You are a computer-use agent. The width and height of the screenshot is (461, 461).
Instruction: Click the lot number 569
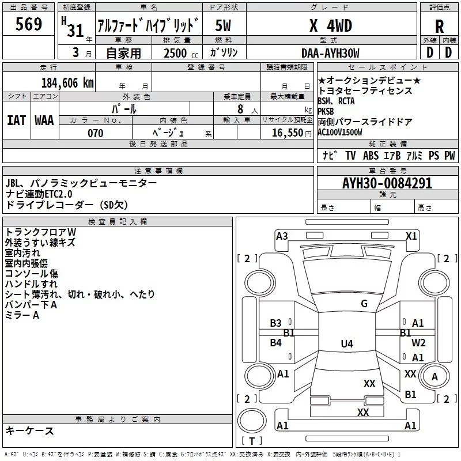(29, 24)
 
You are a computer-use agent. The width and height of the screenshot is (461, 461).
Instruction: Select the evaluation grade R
(440, 26)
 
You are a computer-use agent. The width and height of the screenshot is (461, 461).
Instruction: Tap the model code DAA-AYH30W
(331, 53)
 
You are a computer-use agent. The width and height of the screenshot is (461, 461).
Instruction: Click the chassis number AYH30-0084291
(387, 184)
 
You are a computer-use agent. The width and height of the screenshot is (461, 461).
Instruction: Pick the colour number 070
(95, 133)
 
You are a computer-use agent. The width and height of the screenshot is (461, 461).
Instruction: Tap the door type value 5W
(223, 26)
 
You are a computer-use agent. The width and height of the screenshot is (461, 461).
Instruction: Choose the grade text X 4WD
(330, 26)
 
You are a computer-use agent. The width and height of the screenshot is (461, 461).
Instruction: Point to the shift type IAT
(16, 120)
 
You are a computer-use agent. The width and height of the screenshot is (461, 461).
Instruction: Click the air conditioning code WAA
(44, 120)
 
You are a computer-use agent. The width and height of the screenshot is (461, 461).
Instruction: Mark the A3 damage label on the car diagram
(282, 236)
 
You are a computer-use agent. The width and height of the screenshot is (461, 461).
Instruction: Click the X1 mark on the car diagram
(411, 236)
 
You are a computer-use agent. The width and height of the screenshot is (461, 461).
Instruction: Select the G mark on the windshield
(364, 304)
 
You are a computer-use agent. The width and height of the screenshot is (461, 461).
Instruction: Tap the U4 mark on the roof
(346, 344)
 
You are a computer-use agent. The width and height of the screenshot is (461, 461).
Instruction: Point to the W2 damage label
(418, 342)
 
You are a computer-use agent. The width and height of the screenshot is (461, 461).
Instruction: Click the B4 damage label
(276, 343)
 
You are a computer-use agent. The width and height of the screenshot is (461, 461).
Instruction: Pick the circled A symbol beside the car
(435, 376)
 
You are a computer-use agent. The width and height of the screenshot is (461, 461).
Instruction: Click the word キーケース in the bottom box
(30, 431)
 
